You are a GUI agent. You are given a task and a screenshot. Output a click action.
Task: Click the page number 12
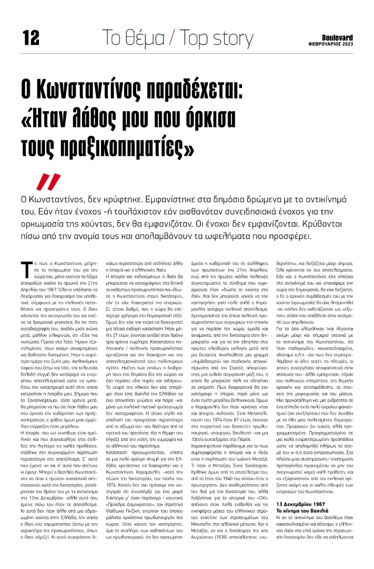31,37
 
